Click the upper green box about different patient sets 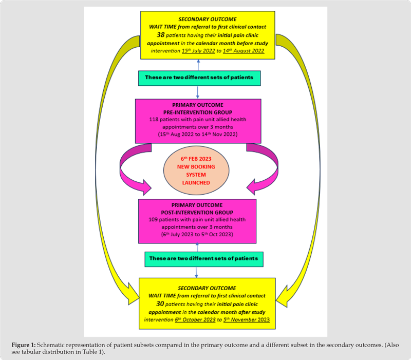[x=199, y=78]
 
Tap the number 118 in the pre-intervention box [x=155, y=119]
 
